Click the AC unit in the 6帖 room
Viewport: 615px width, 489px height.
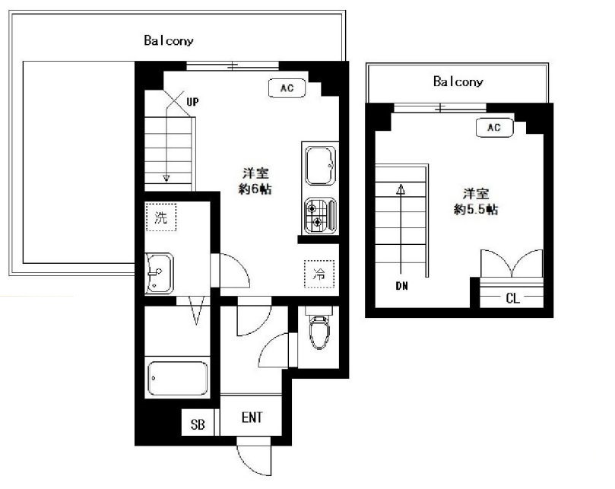click(287, 88)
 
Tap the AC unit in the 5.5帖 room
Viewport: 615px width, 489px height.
click(494, 128)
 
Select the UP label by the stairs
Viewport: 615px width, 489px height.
click(192, 102)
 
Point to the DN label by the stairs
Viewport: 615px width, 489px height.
click(401, 286)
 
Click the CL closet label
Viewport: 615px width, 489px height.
click(512, 298)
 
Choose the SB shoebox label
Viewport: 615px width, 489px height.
click(198, 424)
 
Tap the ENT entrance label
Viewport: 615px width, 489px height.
click(252, 418)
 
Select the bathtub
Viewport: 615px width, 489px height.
click(178, 378)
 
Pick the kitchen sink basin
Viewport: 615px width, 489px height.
click(321, 165)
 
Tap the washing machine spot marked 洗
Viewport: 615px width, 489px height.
click(161, 217)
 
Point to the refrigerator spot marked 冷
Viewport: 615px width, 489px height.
click(319, 274)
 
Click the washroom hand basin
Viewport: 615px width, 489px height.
click(159, 273)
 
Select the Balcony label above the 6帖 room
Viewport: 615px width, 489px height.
click(169, 40)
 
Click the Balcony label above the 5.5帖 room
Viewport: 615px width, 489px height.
click(458, 81)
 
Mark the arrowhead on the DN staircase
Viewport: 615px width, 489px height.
click(401, 189)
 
